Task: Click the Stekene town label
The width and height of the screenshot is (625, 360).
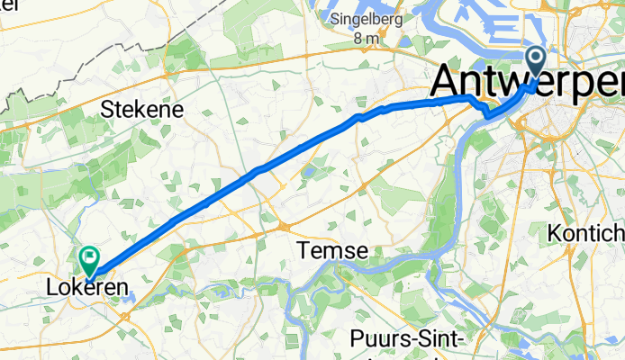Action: coord(143,110)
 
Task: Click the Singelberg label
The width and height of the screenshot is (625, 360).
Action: coord(366,18)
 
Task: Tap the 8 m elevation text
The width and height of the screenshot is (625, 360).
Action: coord(367,39)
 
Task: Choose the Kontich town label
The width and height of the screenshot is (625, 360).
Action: coord(585,232)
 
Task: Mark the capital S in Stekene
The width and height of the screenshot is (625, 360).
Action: coord(109,110)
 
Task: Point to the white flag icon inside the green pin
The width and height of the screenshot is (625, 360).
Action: coord(90,258)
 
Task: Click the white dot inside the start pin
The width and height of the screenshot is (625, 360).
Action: coord(535,59)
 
